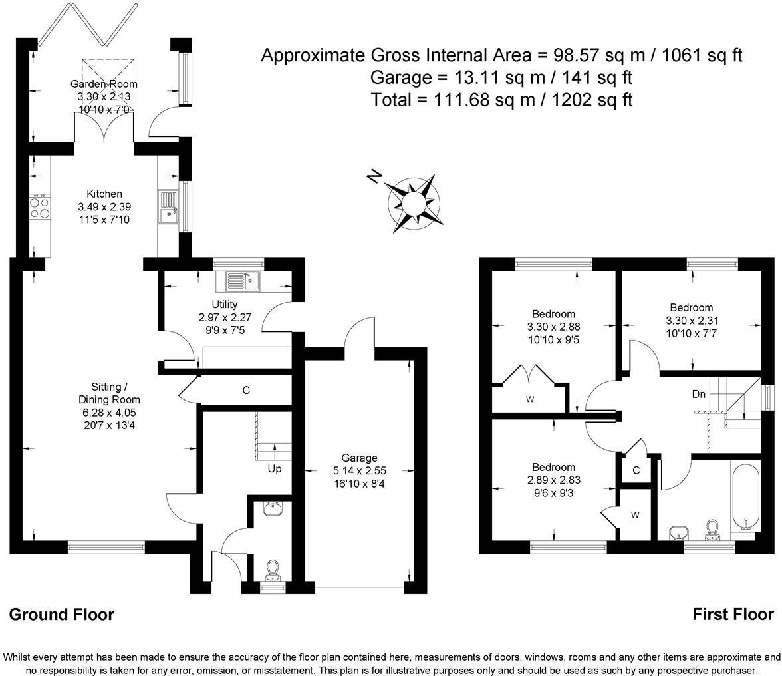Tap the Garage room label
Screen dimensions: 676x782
tap(360, 458)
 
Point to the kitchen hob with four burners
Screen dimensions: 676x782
tap(39, 207)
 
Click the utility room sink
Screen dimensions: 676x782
tap(242, 281)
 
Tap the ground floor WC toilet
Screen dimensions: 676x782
tap(271, 570)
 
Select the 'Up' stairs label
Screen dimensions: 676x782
tap(275, 469)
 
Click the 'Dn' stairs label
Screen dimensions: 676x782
tap(698, 395)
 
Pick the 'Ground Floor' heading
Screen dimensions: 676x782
tap(61, 614)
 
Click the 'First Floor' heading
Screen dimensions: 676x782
tap(733, 614)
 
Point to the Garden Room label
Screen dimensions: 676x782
tap(104, 84)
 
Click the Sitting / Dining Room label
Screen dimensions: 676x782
tap(109, 393)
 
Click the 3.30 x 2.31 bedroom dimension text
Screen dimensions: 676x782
tap(692, 320)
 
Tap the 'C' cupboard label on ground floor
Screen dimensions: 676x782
tap(246, 391)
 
